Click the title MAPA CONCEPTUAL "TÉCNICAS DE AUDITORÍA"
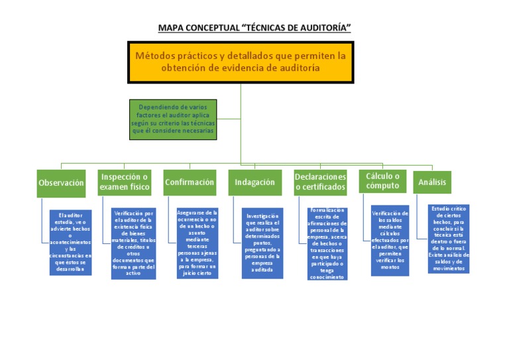(x=254, y=28)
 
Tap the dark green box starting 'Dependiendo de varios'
(x=173, y=119)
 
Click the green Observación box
(x=62, y=183)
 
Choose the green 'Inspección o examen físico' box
(x=125, y=182)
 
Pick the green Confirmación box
(x=190, y=182)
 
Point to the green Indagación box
(x=254, y=182)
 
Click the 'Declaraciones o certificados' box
(x=320, y=182)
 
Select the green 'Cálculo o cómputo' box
(x=382, y=181)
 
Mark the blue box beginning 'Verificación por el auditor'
(x=134, y=243)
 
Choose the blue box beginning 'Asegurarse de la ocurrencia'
(x=198, y=243)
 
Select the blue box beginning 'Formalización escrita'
(x=328, y=243)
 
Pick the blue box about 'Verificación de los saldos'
(x=390, y=240)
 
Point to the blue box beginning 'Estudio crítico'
(x=449, y=239)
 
